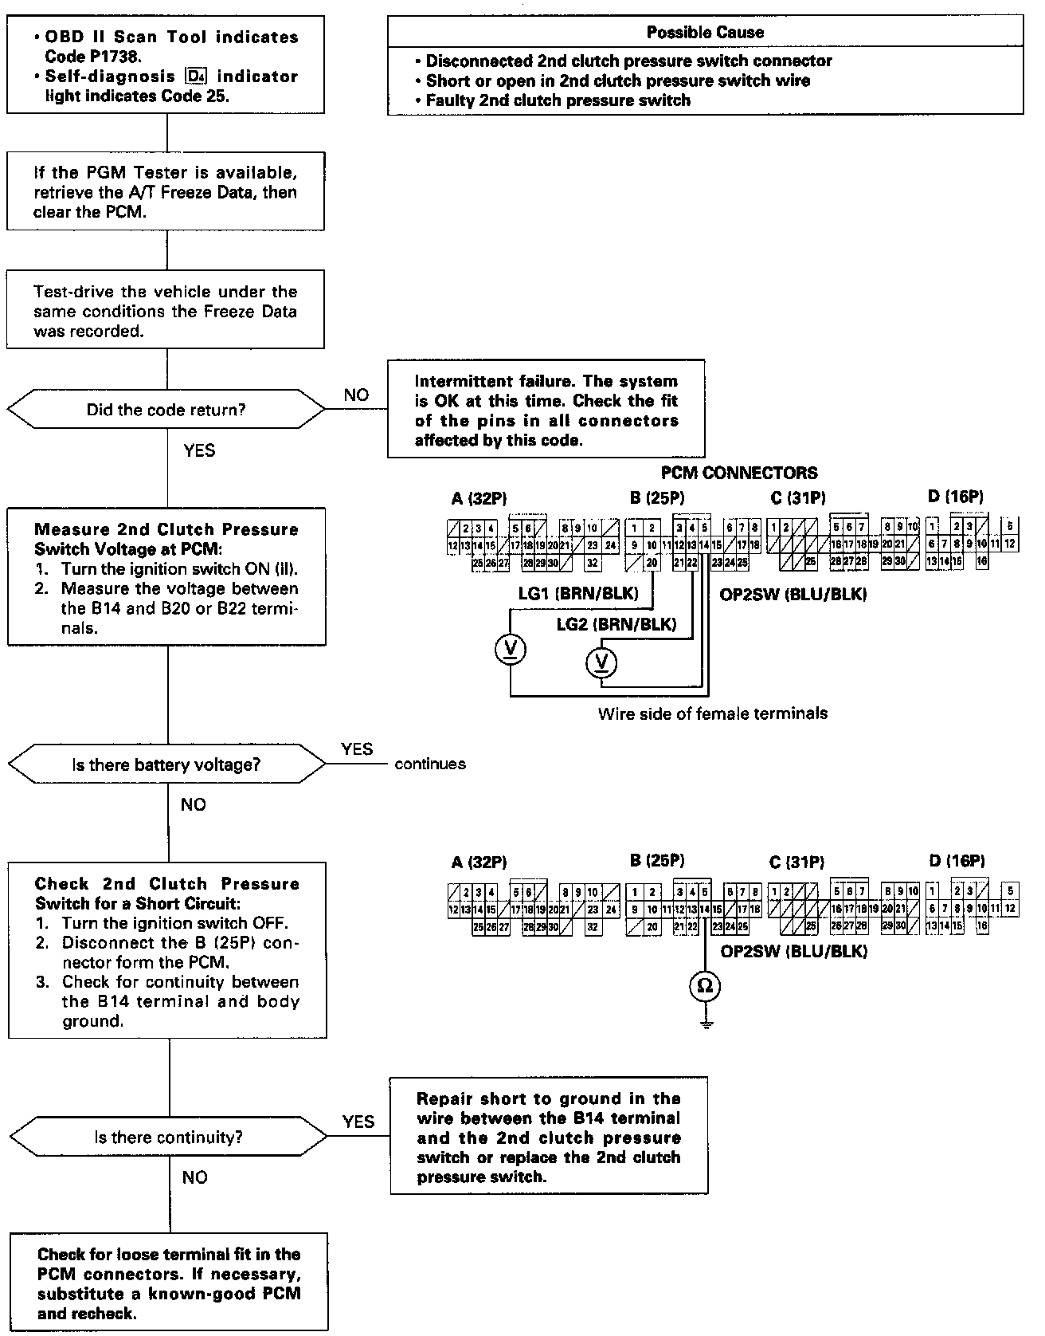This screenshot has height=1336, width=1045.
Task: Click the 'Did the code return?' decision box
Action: (166, 411)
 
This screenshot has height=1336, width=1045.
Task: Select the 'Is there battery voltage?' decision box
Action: (166, 765)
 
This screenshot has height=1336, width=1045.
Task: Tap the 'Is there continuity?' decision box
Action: (168, 1138)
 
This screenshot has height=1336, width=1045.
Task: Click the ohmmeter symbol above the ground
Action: (705, 986)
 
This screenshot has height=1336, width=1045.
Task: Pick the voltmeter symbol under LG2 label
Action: (601, 661)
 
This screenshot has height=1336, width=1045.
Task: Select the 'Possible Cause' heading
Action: (704, 33)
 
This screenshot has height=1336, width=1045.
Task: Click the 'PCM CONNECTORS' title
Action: (738, 473)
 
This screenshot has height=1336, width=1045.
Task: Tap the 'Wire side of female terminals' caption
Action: (712, 714)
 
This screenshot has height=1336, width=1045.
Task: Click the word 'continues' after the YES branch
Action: (430, 764)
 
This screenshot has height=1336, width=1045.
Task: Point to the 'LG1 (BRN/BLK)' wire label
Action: (578, 594)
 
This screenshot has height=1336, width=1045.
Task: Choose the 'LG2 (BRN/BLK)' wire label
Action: (616, 624)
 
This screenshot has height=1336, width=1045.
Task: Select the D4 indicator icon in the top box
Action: (194, 77)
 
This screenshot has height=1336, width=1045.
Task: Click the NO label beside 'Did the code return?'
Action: (356, 395)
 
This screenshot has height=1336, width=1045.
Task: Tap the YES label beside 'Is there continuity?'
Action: (358, 1122)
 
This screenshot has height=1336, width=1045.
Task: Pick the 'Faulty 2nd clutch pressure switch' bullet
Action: (558, 100)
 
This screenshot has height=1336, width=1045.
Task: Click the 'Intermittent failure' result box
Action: (546, 411)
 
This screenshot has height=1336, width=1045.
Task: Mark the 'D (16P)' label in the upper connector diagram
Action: (955, 497)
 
